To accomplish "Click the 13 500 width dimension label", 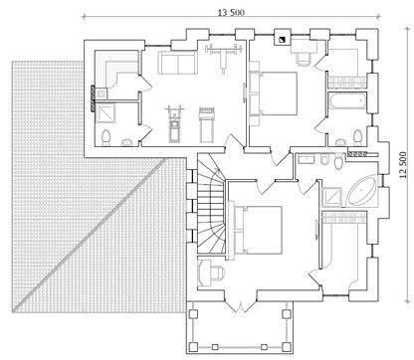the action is tap(231, 13).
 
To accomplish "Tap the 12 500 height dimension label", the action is tap(403, 165).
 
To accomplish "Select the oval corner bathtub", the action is tap(361, 192).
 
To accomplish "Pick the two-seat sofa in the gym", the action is tap(178, 63).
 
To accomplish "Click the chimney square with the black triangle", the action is tap(283, 40).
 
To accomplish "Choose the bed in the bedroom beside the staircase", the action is tap(261, 230).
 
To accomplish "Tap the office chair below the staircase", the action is tap(218, 272).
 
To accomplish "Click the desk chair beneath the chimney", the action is tap(304, 59).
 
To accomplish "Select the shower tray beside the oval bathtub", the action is tap(331, 197).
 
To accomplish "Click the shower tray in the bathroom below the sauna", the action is tap(105, 113).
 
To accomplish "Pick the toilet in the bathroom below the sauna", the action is tap(105, 138).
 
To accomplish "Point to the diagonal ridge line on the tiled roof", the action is tap(90, 235).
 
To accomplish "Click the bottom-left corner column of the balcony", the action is tap(193, 347).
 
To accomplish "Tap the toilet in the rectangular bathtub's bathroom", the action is tap(357, 137).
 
